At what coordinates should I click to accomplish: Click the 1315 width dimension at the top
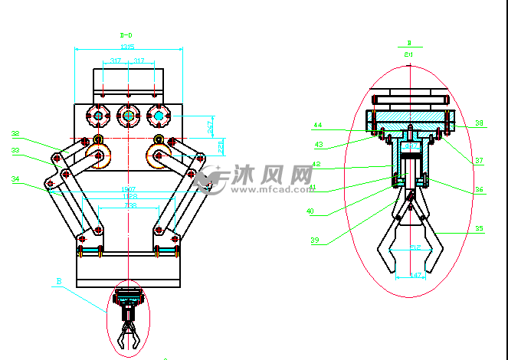127,47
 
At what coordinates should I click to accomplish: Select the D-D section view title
126,34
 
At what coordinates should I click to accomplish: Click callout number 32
15,133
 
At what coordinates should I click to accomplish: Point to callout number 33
15,151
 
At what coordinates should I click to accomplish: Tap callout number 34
15,179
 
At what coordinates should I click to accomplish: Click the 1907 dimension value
128,188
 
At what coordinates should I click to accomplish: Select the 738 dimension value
131,205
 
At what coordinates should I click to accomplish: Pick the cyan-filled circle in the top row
159,116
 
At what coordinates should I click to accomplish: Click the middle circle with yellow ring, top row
128,116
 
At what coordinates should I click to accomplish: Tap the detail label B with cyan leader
57,281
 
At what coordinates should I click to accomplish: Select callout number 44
317,124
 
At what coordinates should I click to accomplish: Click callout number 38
479,123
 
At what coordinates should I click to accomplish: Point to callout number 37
479,160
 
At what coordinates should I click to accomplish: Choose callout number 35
479,228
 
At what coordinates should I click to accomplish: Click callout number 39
314,241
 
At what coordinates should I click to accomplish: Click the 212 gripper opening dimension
415,247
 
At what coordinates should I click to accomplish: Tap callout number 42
316,164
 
